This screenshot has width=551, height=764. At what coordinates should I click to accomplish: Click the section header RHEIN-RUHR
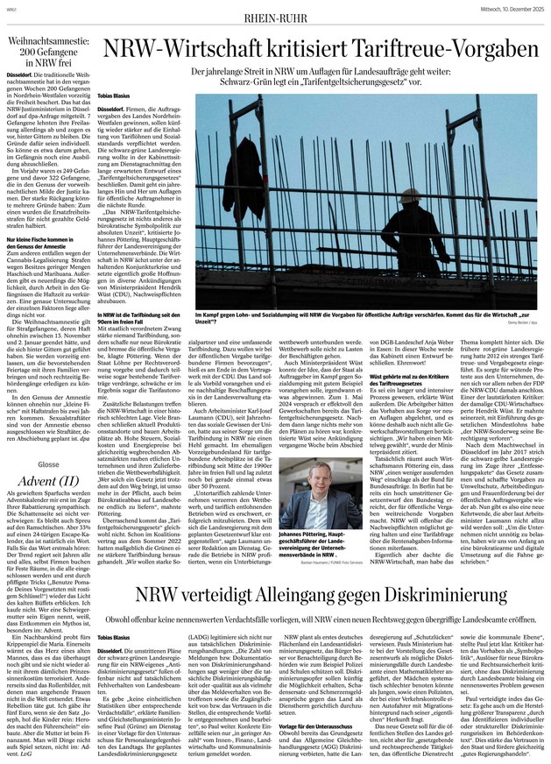[x=276, y=12]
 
